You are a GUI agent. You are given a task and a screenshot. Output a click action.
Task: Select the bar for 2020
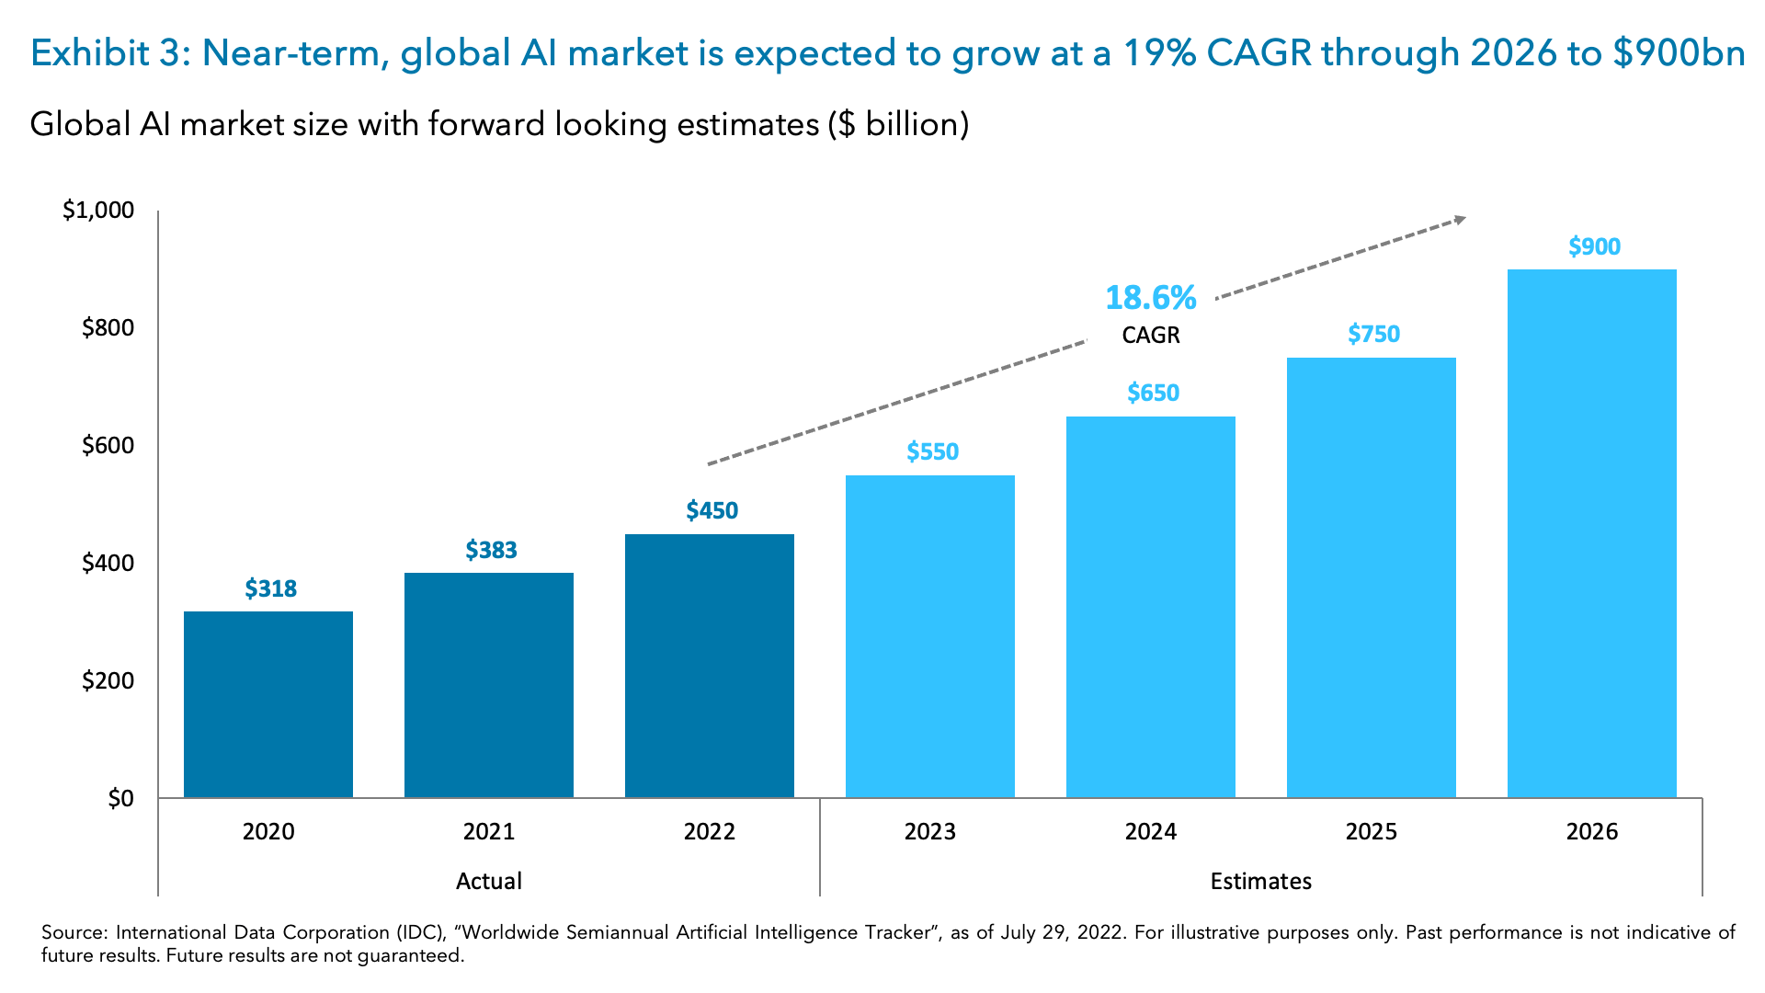point(268,703)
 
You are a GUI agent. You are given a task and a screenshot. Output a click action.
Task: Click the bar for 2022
point(709,665)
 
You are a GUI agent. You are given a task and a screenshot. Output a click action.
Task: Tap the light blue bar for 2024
point(1150,606)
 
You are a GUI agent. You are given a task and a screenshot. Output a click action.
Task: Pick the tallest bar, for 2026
point(1591,532)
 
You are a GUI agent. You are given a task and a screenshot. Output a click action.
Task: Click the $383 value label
point(491,550)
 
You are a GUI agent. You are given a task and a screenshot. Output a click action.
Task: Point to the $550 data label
point(932,451)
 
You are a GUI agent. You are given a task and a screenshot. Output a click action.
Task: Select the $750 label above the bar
point(1373,334)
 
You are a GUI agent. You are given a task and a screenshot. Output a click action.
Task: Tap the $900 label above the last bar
point(1594,246)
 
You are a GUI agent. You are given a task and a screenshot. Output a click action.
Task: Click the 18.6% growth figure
point(1150,297)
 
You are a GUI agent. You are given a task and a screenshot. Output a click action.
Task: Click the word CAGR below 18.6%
point(1150,335)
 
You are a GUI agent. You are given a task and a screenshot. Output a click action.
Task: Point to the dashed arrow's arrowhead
point(1458,220)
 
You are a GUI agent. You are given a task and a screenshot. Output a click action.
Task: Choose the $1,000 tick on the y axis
point(98,211)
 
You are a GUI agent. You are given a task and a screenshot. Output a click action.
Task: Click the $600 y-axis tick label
point(108,446)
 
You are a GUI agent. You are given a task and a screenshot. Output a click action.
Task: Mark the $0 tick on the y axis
point(120,798)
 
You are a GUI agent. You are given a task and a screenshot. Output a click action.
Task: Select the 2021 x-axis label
point(488,831)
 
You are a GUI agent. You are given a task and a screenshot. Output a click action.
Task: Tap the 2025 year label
point(1371,831)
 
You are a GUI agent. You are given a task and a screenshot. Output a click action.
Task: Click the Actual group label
point(488,881)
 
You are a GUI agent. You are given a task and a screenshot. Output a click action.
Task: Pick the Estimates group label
point(1260,881)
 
